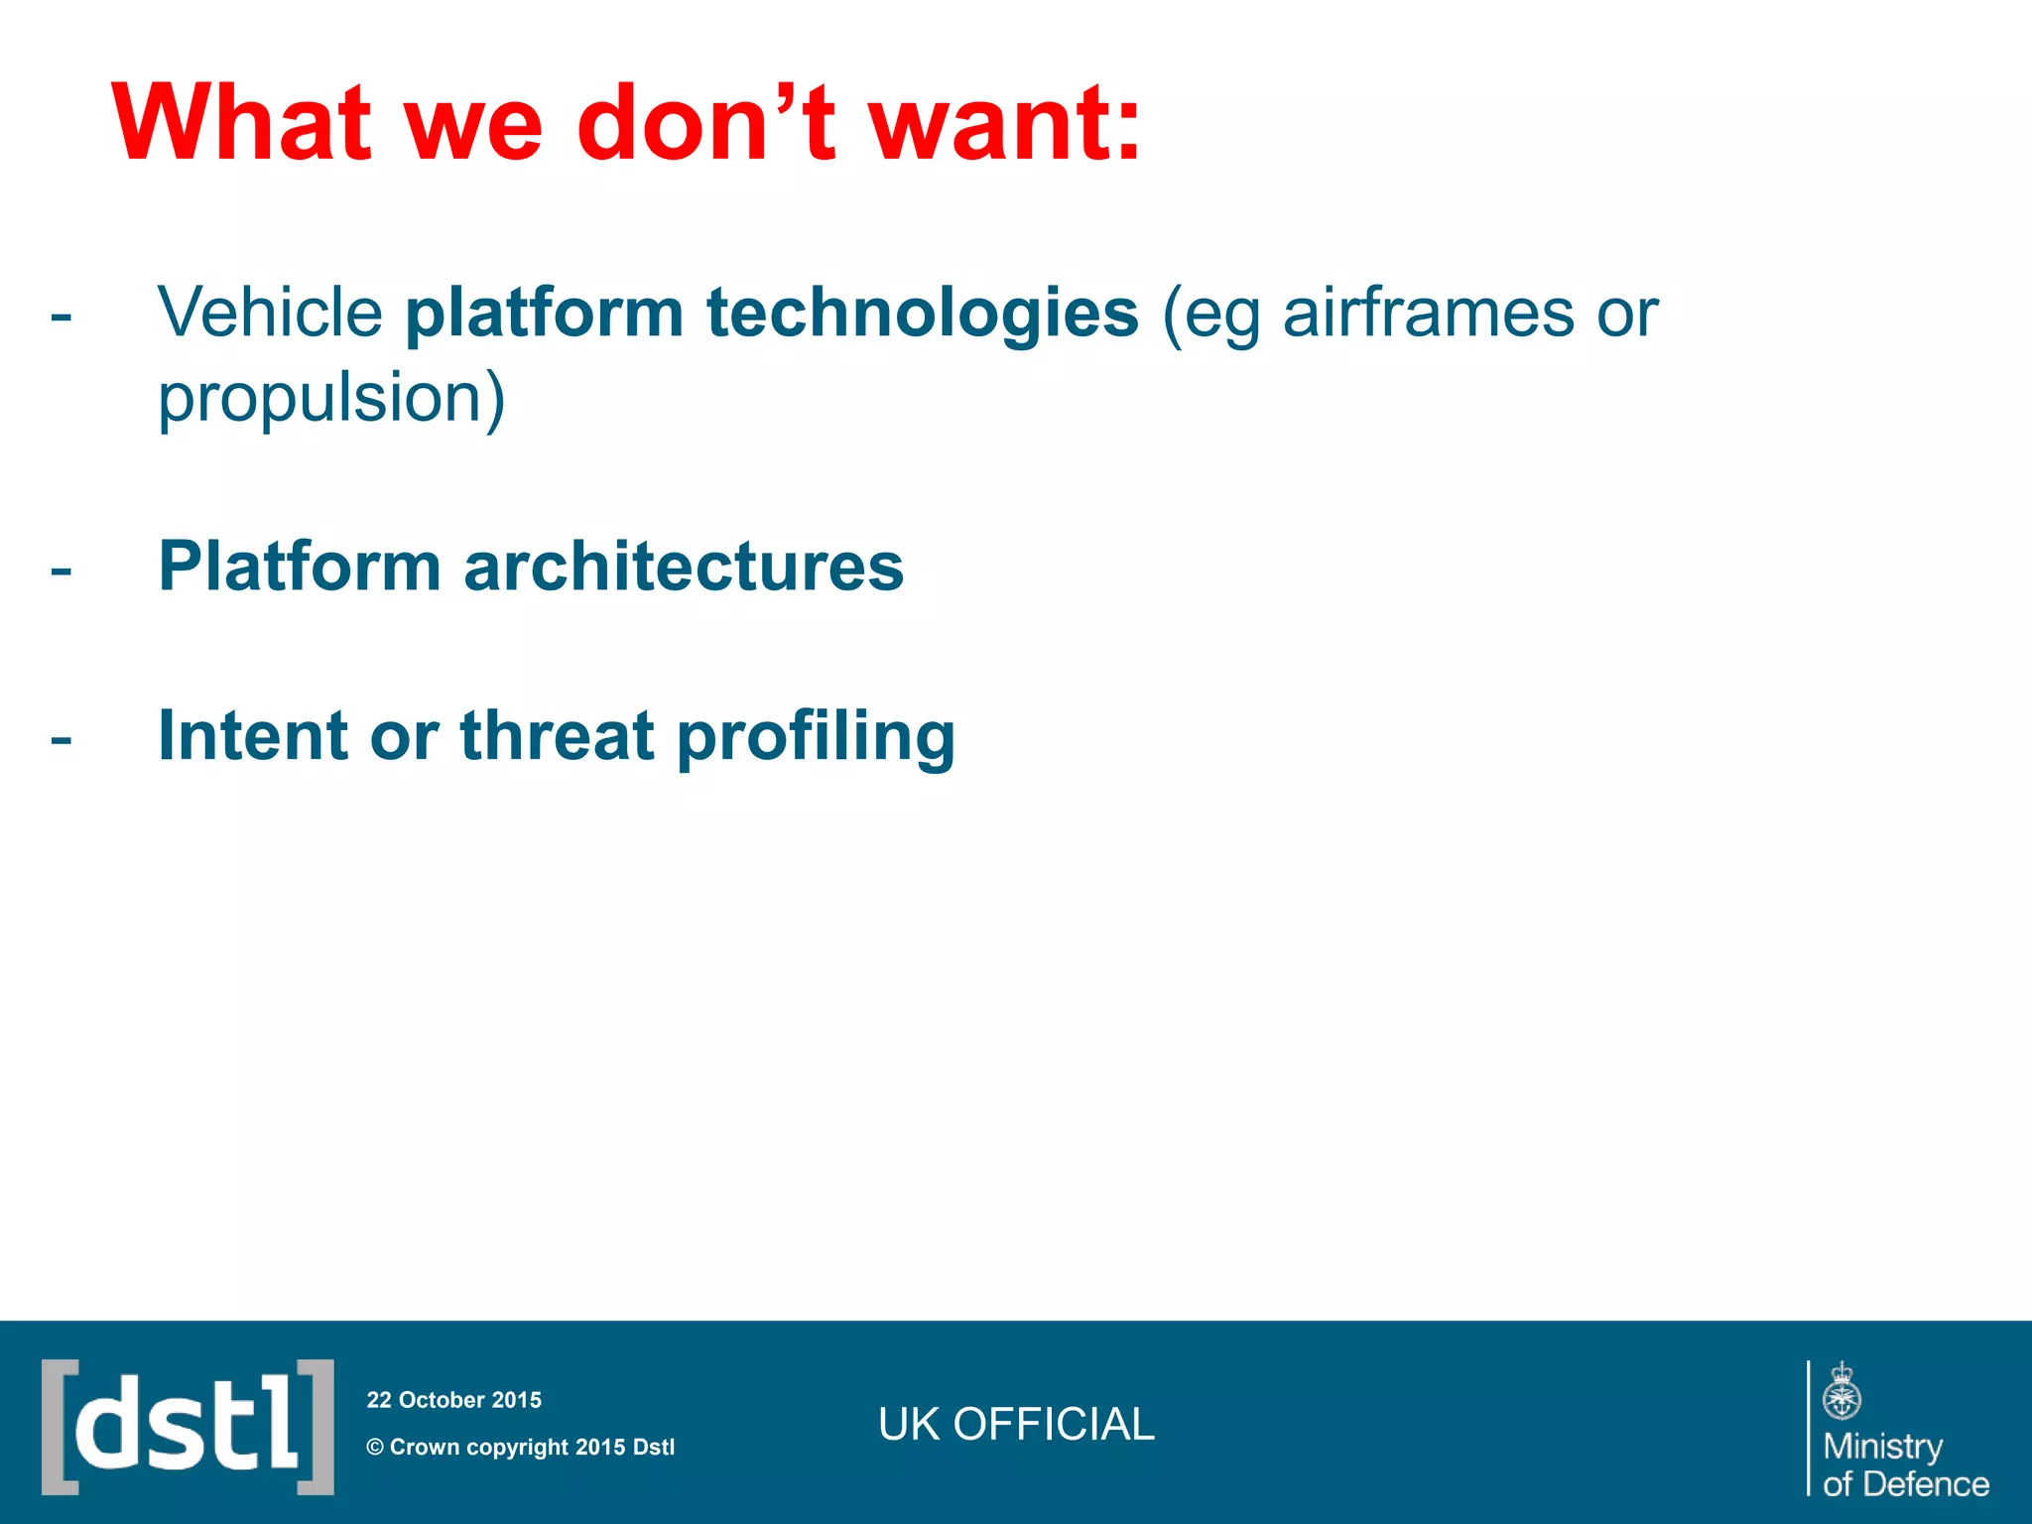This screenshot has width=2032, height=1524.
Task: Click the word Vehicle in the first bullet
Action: [x=270, y=313]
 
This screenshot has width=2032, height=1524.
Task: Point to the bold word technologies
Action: [x=922, y=313]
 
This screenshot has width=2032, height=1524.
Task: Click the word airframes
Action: [x=1428, y=313]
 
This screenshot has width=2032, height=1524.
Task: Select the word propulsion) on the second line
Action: [x=331, y=397]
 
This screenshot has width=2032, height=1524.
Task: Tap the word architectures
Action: [x=684, y=567]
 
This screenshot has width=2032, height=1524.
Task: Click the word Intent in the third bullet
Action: [x=252, y=736]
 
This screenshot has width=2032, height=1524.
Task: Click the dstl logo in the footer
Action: [x=188, y=1426]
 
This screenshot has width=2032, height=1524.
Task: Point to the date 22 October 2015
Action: [x=453, y=1400]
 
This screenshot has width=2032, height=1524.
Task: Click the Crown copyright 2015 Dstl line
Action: [x=520, y=1447]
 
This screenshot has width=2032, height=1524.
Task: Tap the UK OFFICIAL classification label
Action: [x=1016, y=1424]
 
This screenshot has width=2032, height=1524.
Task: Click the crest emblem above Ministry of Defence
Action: [x=1841, y=1391]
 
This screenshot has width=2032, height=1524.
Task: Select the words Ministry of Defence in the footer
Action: [x=1904, y=1464]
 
